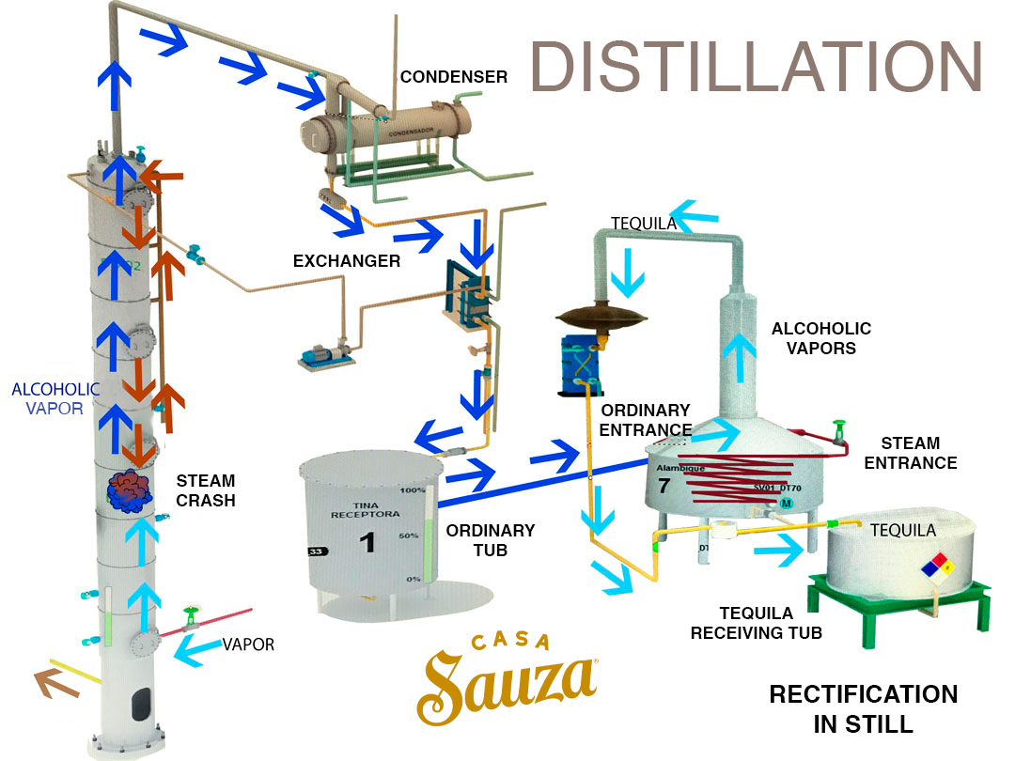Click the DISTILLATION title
757,67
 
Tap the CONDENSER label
454,77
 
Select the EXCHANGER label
347,260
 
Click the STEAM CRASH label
206,490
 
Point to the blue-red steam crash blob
129,490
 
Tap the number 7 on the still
664,486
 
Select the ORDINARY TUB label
491,539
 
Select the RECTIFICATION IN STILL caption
863,708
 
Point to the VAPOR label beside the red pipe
249,645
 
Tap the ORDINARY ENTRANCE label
646,420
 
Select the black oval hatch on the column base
141,704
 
